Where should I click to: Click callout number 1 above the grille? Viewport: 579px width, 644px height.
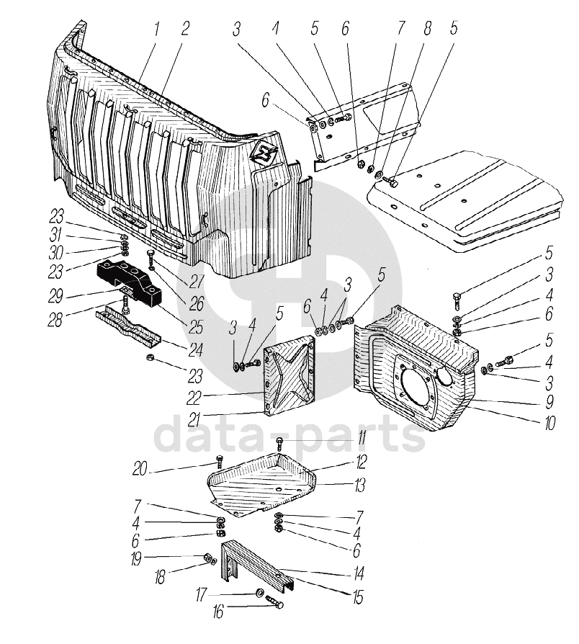click(156, 30)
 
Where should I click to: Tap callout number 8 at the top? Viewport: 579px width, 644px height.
click(428, 30)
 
